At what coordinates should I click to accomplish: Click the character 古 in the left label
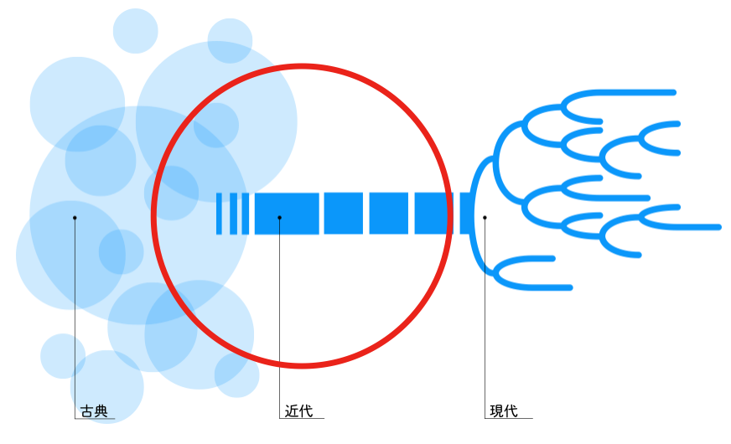pos(87,411)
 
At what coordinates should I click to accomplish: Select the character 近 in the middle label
pos(292,411)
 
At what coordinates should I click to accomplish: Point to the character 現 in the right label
pos(496,411)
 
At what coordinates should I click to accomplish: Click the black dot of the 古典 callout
pos(75,218)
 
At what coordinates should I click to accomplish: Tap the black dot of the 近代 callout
pos(279,218)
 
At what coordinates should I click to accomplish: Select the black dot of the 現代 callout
pos(485,218)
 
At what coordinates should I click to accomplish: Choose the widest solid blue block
pos(287,214)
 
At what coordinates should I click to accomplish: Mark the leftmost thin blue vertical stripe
pos(219,214)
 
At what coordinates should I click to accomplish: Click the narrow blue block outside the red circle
pos(465,214)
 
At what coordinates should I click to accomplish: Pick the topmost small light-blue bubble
pos(135,30)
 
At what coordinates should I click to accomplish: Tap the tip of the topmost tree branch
pos(673,91)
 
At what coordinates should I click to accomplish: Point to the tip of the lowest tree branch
pos(569,287)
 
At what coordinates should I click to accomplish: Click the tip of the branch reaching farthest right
pos(718,227)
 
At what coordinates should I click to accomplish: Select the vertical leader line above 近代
pos(279,318)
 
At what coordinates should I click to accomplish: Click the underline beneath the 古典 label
pos(94,419)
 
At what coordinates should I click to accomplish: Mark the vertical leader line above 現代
pos(485,318)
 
